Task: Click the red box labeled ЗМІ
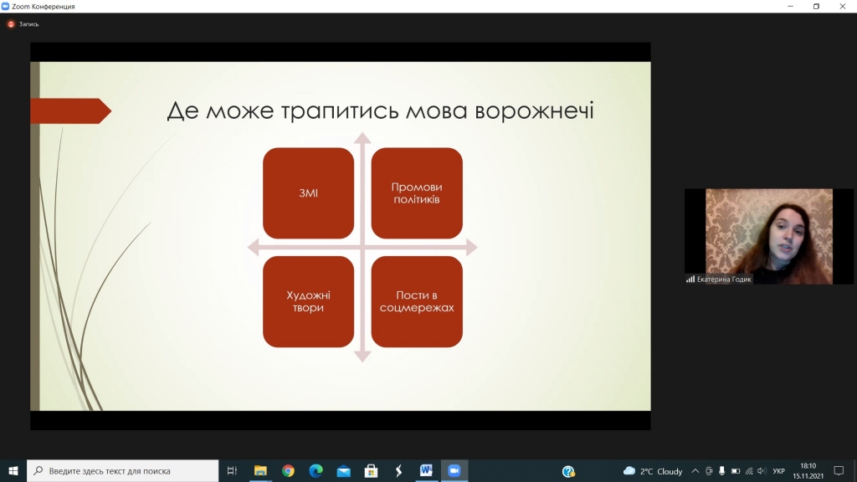(308, 193)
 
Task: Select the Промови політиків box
(417, 193)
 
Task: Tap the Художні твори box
(308, 301)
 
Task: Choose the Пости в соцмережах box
(417, 301)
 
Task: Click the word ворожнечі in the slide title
(534, 111)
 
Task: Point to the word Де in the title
(182, 111)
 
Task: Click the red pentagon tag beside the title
(71, 111)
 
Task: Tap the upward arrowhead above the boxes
(362, 138)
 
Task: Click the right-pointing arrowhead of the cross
(472, 248)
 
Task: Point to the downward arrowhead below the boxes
(362, 356)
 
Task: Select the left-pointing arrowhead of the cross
(253, 248)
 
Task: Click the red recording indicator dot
(11, 24)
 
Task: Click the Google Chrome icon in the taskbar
(288, 470)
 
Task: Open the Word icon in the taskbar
(426, 470)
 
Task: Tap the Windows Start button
(13, 470)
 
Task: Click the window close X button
(842, 6)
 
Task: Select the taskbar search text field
(122, 470)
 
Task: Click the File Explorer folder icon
(260, 470)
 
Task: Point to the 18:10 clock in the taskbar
(808, 466)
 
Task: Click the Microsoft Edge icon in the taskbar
(316, 470)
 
